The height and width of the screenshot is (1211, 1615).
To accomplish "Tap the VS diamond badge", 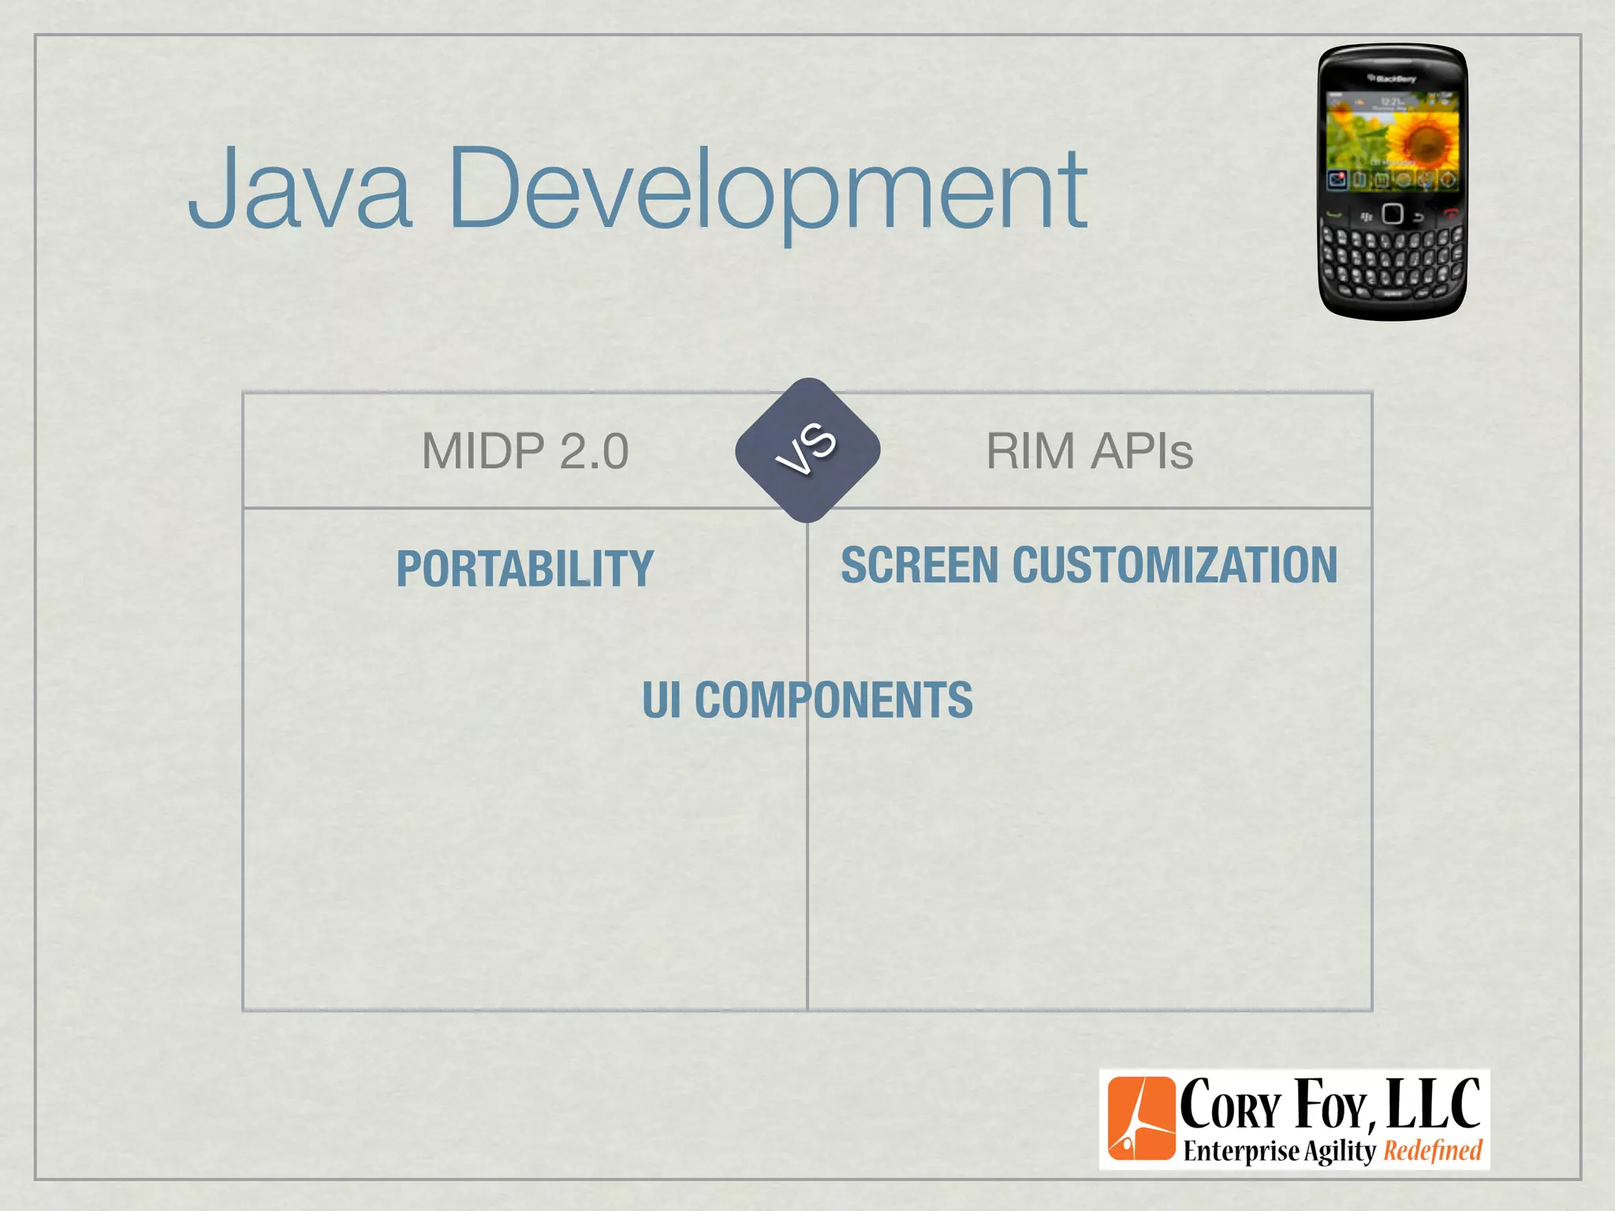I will coord(807,449).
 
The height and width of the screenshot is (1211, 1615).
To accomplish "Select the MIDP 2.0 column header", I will coord(525,451).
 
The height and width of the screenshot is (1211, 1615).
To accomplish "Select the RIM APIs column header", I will coord(1089,451).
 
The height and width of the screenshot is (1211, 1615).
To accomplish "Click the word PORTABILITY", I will coord(524,568).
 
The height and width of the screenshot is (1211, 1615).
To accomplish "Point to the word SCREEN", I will coord(919,565).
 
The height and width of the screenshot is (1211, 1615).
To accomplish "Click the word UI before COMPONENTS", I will coord(661,699).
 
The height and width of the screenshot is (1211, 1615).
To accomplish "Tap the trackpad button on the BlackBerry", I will coord(1393,214).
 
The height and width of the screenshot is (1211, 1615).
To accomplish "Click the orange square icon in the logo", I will coord(1141,1118).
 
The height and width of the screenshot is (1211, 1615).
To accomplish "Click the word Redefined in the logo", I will coord(1433,1150).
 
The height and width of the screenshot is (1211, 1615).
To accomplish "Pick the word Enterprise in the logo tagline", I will coord(1240,1151).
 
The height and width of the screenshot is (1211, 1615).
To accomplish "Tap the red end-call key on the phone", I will coord(1450,213).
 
